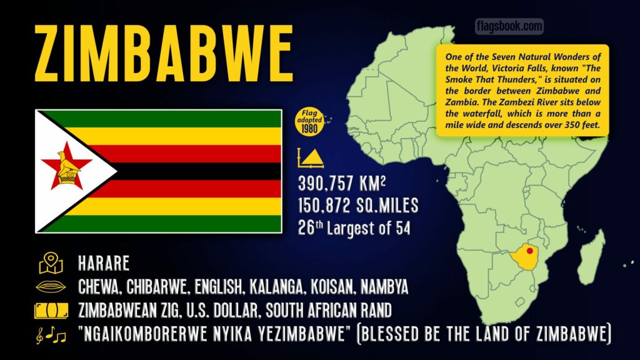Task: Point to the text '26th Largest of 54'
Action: tap(354, 227)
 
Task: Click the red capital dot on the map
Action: tap(530, 251)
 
